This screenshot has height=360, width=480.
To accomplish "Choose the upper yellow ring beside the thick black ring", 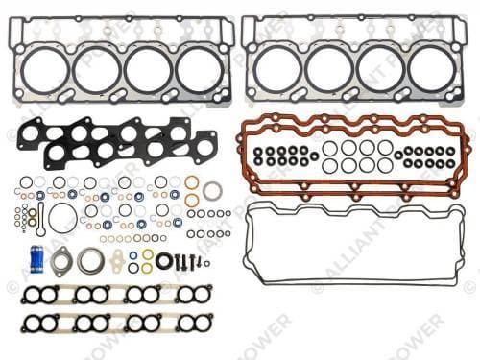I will (x=147, y=254).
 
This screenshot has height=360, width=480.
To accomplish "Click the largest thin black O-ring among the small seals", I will (x=62, y=217).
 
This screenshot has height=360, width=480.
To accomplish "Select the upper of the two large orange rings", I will (x=192, y=182).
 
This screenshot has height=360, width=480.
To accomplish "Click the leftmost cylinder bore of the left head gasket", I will (x=46, y=69).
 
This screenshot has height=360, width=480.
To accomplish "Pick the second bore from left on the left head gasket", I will (x=97, y=69).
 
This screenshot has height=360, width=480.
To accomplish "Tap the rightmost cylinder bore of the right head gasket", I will (x=432, y=69).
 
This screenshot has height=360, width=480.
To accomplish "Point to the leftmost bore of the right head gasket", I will (x=277, y=69).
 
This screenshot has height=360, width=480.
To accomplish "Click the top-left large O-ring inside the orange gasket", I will (x=329, y=149).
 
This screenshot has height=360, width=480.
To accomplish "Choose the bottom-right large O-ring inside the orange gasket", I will (x=385, y=165).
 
